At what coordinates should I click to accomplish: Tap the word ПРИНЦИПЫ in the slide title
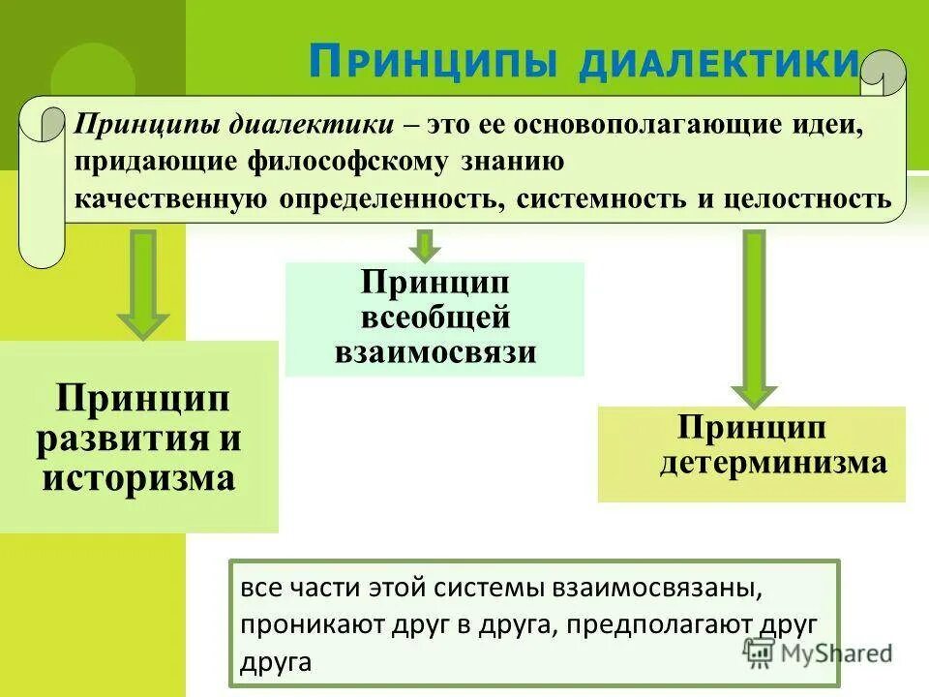coord(435,62)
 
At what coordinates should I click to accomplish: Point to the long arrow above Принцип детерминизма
coord(753,316)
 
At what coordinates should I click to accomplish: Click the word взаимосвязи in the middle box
coord(435,350)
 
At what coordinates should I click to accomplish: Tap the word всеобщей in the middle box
coord(435,318)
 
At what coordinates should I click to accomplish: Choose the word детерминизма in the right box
coord(773,462)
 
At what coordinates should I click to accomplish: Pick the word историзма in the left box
coord(138,477)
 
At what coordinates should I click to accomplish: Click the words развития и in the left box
coord(138,438)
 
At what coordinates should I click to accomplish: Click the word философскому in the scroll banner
coord(346,162)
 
